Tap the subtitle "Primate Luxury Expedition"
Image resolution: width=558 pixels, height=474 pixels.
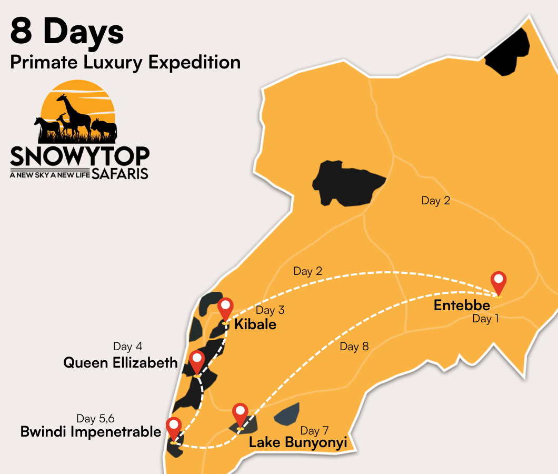point(125,62)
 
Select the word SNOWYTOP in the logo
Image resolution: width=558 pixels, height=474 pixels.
point(79,156)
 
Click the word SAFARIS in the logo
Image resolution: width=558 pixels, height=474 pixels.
point(119,174)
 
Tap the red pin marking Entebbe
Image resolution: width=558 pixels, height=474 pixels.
point(498,282)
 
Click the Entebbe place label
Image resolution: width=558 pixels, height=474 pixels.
point(462,305)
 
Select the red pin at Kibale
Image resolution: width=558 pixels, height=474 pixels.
point(225,308)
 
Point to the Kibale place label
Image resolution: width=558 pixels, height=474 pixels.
point(255,324)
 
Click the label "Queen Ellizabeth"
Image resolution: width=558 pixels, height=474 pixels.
point(121,362)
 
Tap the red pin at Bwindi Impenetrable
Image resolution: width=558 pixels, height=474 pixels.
point(173,428)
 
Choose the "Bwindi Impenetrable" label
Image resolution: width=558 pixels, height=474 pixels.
point(91,432)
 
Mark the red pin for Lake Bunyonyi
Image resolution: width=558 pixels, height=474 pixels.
point(241,414)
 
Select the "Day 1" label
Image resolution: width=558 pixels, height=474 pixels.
point(485,319)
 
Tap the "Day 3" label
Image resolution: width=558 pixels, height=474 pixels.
point(270,310)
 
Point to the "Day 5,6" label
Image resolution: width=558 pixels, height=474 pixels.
point(95,419)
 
